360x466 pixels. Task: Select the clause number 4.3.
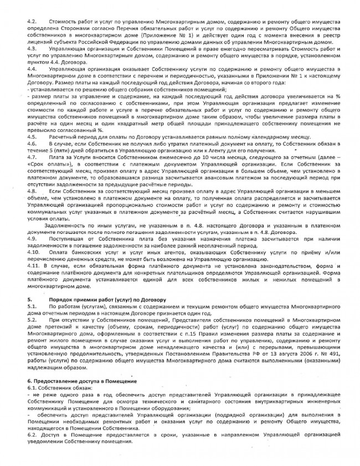tap(31, 49)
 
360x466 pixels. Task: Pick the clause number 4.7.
tap(31, 157)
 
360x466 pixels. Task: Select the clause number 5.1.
tap(31, 306)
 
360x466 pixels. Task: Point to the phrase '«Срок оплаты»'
tap(43, 165)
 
